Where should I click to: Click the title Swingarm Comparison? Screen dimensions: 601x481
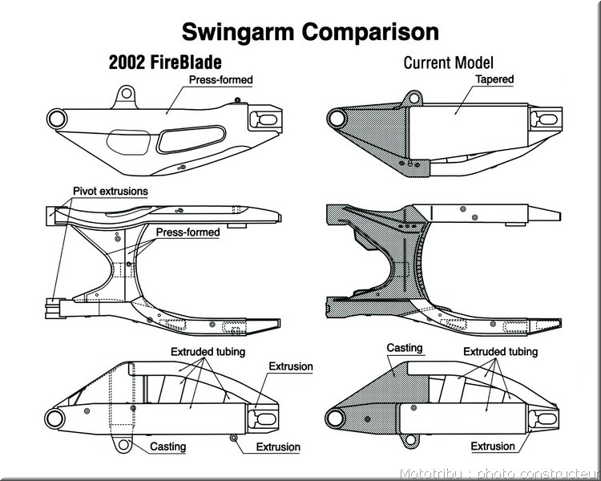[x=310, y=32]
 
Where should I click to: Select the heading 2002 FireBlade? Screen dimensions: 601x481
[x=165, y=63]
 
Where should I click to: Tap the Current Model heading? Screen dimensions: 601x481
[x=449, y=63]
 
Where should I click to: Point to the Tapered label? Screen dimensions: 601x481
[x=494, y=79]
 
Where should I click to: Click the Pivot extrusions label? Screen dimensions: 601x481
[x=111, y=191]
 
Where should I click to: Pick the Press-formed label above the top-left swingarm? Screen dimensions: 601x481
[x=221, y=80]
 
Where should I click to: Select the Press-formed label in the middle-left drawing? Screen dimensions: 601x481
[x=188, y=232]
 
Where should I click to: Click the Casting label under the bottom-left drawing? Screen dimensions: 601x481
[x=168, y=447]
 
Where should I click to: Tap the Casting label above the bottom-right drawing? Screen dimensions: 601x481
[x=405, y=348]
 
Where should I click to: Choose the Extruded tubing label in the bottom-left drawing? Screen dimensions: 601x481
[x=208, y=351]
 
